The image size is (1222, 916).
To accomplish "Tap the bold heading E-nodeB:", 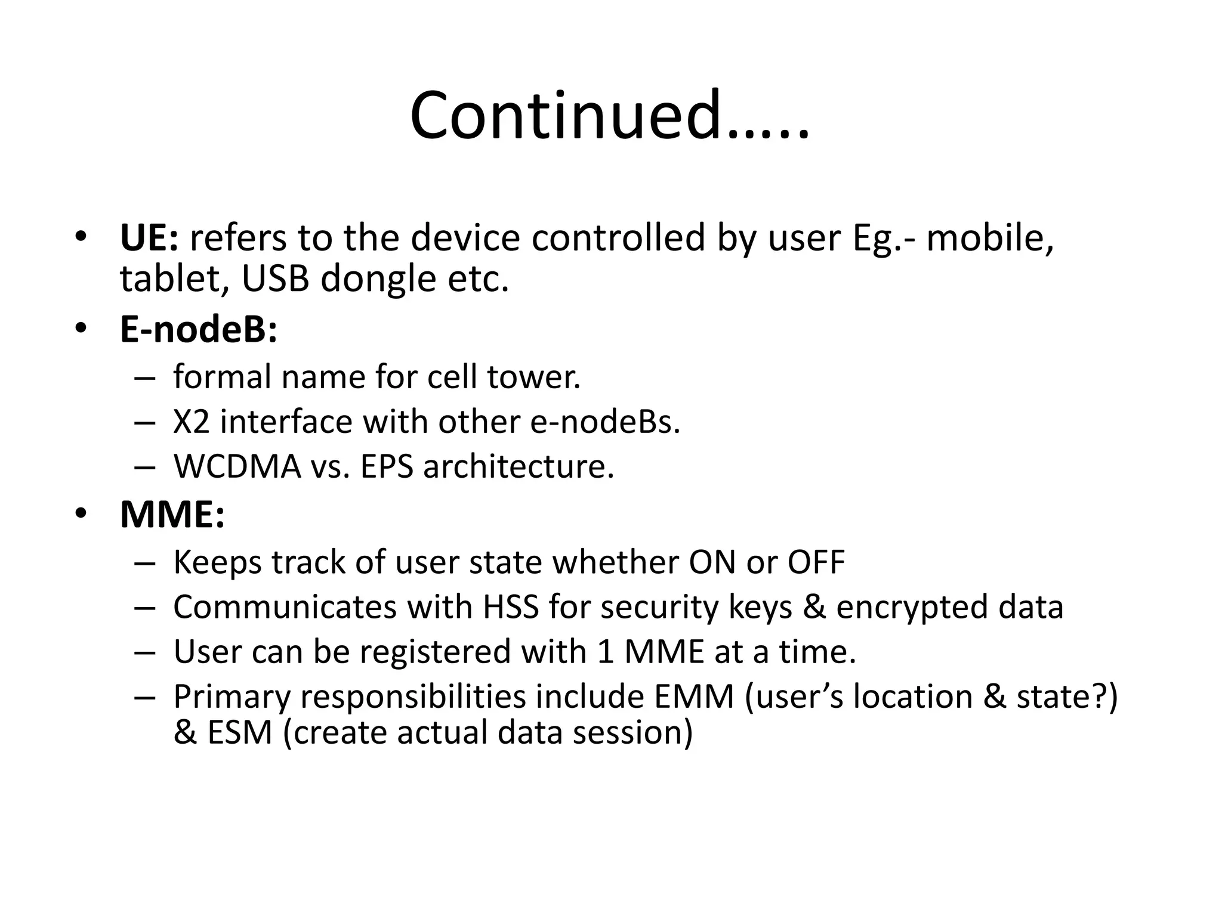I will pos(199,329).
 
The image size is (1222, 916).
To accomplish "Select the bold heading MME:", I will pos(172,514).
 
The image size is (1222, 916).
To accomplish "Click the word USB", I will pos(276,278).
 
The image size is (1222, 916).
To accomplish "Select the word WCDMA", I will pos(237,466).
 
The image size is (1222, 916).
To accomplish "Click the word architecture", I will pos(519,466).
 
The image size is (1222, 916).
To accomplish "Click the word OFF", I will pos(816,562).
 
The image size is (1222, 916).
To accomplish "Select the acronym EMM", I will pos(694,696).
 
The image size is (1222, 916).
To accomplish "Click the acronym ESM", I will pos(240,732).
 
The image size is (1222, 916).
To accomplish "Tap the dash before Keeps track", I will pos(145,563).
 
